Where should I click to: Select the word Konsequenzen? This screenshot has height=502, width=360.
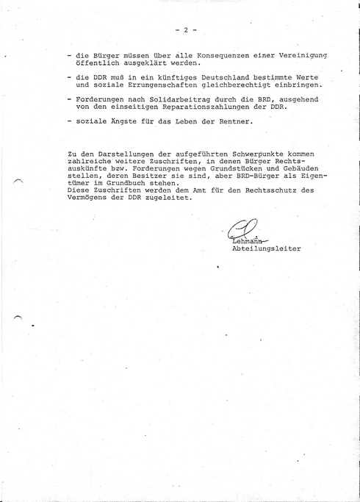pos(205,57)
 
